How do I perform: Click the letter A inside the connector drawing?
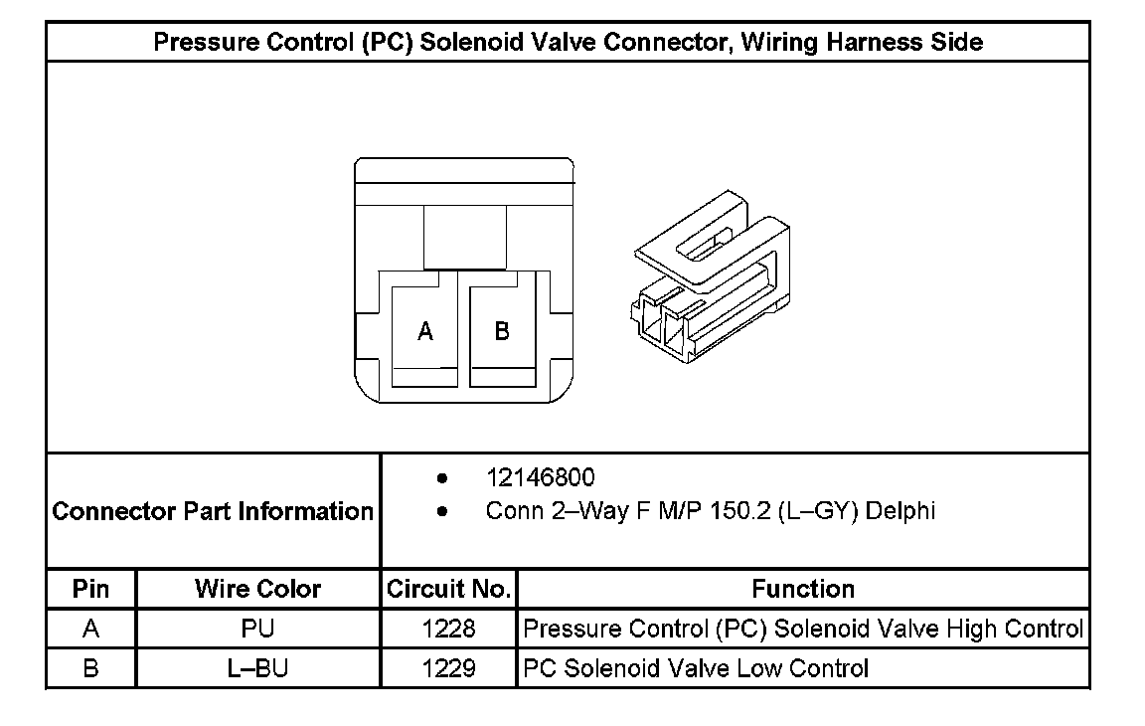425,332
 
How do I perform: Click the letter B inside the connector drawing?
502,331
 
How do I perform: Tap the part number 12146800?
540,478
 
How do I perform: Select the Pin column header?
91,589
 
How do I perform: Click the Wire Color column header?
258,589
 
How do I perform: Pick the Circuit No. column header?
449,589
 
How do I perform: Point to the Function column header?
803,589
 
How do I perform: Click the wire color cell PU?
258,629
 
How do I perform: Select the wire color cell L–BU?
258,668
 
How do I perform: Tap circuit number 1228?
449,629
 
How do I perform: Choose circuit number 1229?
449,668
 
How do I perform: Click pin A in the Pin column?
91,629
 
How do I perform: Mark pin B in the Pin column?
91,668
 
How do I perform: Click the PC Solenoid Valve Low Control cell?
696,668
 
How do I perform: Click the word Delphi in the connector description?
900,511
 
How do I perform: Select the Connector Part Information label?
213,511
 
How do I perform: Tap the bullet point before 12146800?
441,478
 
